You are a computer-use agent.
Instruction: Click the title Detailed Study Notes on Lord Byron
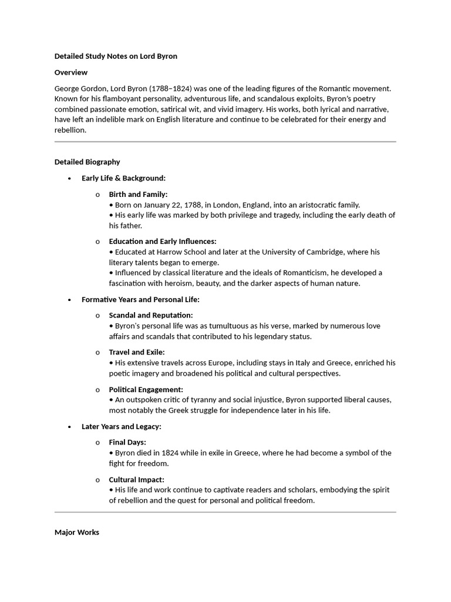(116, 56)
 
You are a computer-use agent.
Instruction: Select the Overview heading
(71, 72)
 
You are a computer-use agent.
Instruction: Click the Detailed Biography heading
(87, 162)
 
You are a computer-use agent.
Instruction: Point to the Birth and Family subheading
(138, 194)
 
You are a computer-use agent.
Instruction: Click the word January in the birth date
(162, 205)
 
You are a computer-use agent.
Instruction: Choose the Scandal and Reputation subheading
(150, 315)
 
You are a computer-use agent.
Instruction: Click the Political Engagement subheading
(146, 389)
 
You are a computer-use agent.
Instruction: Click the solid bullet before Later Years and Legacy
(70, 427)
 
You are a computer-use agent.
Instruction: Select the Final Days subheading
(127, 442)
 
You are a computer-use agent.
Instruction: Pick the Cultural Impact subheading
(136, 479)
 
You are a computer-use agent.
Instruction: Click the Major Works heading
(77, 532)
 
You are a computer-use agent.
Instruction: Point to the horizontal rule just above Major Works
(225, 512)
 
